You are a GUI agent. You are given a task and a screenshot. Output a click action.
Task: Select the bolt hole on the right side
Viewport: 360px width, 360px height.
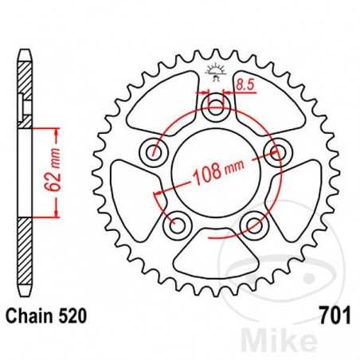point(279,151)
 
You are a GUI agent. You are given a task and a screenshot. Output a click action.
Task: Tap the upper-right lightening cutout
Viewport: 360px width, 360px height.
point(263,100)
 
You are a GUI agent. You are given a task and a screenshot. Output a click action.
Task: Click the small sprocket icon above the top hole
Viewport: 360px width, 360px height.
point(215,72)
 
